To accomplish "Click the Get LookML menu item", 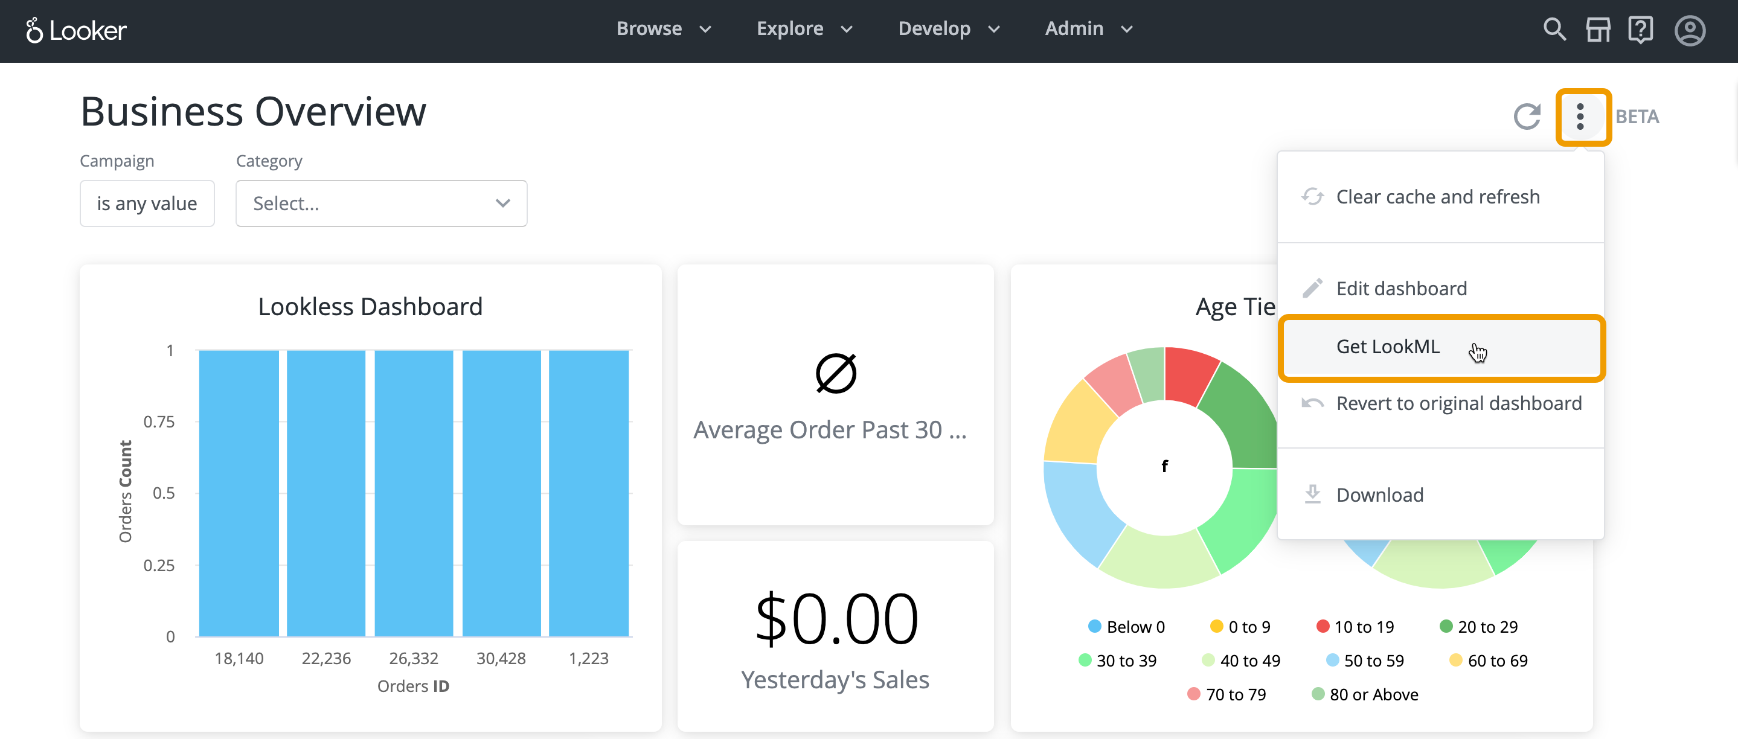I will [x=1387, y=347].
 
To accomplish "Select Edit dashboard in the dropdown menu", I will [x=1400, y=289].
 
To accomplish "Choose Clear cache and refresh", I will [x=1437, y=197].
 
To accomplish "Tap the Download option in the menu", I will [x=1379, y=495].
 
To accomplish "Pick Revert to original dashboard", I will [x=1458, y=403].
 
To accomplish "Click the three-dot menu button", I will [x=1580, y=117].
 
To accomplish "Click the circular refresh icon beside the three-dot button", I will [x=1527, y=117].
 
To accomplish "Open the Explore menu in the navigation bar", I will [x=804, y=29].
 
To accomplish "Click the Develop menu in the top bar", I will [x=948, y=29].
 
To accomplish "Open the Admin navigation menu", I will [x=1088, y=29].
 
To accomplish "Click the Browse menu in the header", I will [x=663, y=29].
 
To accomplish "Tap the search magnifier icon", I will [x=1554, y=30].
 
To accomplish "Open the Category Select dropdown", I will [x=380, y=203].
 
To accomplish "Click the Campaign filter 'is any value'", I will [x=147, y=203].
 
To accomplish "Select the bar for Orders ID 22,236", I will [x=326, y=492].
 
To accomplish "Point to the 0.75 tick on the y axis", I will [x=159, y=422].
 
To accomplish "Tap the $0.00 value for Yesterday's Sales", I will [x=835, y=618].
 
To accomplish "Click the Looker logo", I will [x=75, y=30].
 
